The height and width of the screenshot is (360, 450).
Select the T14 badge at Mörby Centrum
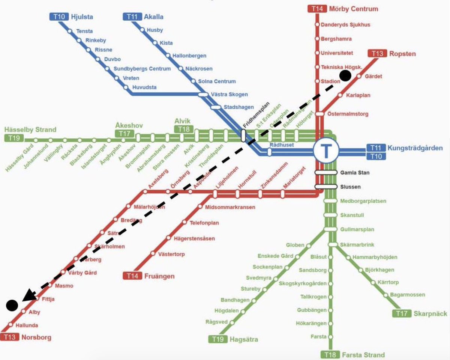(317, 9)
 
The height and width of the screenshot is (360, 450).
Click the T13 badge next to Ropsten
(377, 53)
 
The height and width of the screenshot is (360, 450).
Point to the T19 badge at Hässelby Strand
(13, 138)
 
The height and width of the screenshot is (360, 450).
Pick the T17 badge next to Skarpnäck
(402, 313)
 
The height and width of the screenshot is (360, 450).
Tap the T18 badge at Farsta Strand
(330, 355)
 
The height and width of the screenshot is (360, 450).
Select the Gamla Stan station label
(355, 173)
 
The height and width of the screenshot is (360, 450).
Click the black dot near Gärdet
(345, 76)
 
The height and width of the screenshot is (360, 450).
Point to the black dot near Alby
(12, 306)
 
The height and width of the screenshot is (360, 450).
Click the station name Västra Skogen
(229, 95)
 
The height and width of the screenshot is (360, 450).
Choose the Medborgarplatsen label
(363, 201)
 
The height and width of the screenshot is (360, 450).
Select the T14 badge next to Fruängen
(132, 276)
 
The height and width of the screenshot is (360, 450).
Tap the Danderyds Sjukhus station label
(345, 25)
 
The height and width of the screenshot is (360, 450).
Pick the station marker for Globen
(309, 246)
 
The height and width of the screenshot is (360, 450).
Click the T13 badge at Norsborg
(9, 337)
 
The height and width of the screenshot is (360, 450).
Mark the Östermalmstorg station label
(348, 114)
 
